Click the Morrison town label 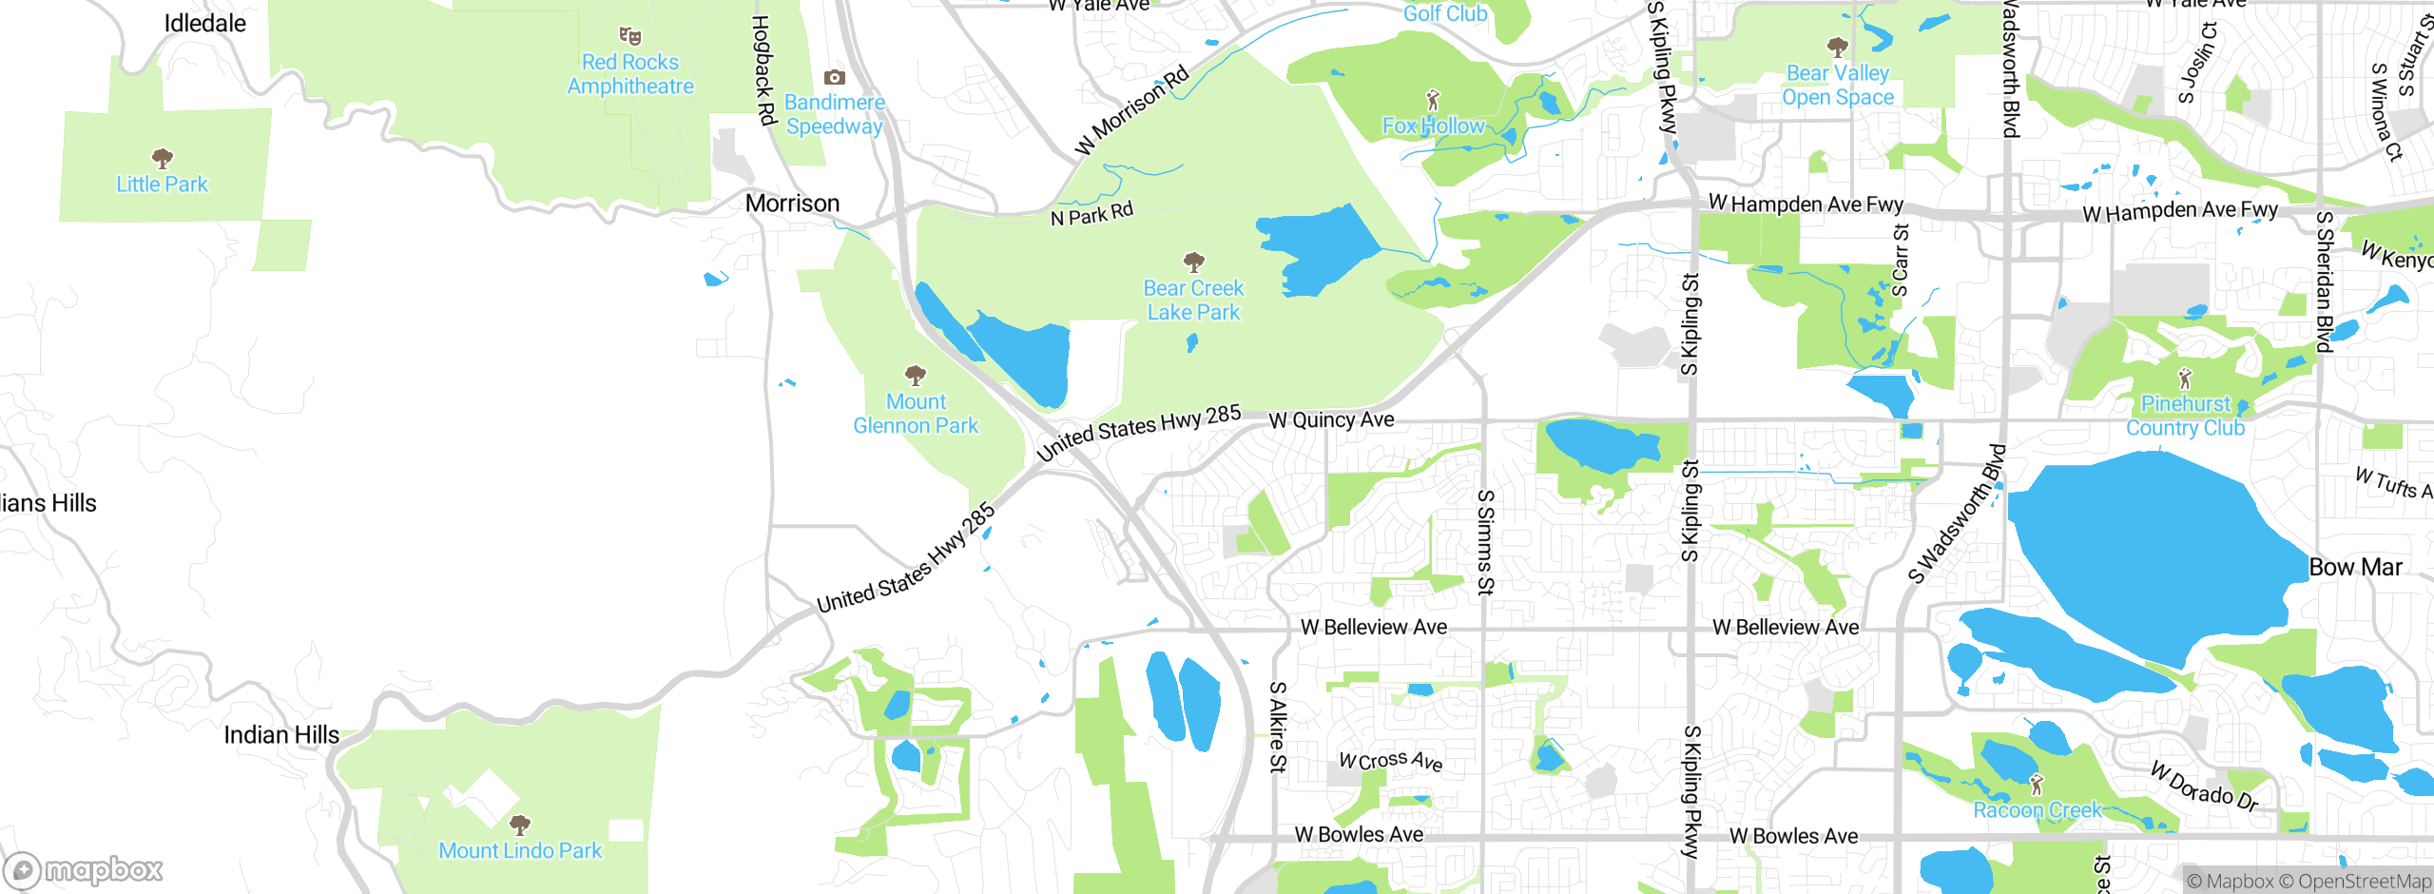(x=792, y=204)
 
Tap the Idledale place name (x=204, y=24)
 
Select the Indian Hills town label (x=281, y=735)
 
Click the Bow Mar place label (x=2355, y=568)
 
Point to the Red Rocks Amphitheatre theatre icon (x=629, y=37)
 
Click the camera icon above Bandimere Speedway (x=834, y=77)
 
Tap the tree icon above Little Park (x=163, y=158)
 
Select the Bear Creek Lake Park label (x=1193, y=300)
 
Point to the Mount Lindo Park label (x=520, y=850)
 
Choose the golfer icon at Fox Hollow (x=1433, y=100)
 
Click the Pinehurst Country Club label (x=2185, y=416)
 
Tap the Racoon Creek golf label (x=2037, y=810)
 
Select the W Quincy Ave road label (x=1331, y=420)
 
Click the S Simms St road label (x=1485, y=542)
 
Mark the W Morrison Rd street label (x=1131, y=110)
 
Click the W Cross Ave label (x=1390, y=761)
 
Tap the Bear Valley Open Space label (x=1837, y=85)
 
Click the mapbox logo (x=84, y=869)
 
